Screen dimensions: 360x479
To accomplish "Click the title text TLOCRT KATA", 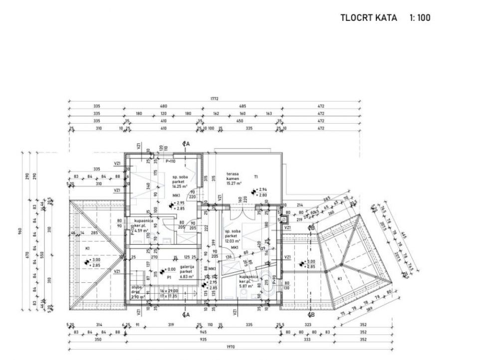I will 368,18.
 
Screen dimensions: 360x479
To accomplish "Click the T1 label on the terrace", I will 255,177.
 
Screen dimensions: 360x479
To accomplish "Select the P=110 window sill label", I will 171,162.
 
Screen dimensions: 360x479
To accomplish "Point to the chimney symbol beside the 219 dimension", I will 284,219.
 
